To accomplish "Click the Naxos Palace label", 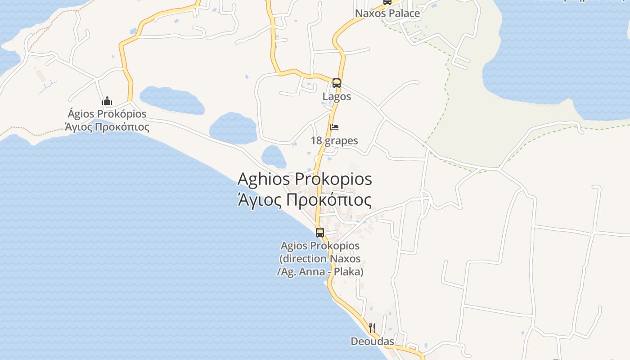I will (387, 13).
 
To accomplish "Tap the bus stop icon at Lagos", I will (337, 83).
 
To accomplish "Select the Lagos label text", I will (337, 96).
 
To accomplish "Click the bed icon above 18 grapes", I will (334, 127).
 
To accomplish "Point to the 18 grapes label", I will (334, 140).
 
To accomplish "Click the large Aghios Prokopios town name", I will (305, 179).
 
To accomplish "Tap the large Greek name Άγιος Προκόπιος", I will (305, 200).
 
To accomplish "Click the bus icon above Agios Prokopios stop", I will (320, 233).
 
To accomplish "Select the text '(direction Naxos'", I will (320, 259).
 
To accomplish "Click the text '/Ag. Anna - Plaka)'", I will (320, 272).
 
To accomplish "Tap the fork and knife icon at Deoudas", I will (372, 328).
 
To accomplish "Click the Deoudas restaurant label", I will (372, 342).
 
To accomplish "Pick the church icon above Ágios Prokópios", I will (107, 101).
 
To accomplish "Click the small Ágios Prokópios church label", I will (107, 114).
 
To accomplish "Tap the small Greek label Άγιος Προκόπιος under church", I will (107, 127).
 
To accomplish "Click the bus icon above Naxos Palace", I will (387, 1).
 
